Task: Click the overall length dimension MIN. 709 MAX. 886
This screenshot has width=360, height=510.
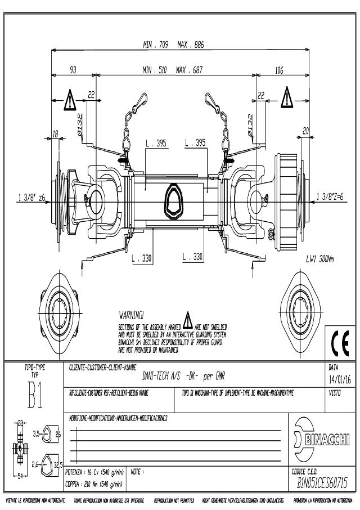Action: [x=173, y=45]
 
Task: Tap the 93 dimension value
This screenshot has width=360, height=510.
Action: [x=73, y=70]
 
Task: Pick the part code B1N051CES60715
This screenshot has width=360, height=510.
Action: [x=322, y=483]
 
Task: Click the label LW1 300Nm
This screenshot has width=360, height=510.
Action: [x=319, y=260]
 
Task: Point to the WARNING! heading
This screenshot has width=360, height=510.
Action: [x=132, y=314]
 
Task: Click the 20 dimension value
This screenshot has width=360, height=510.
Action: [x=305, y=131]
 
